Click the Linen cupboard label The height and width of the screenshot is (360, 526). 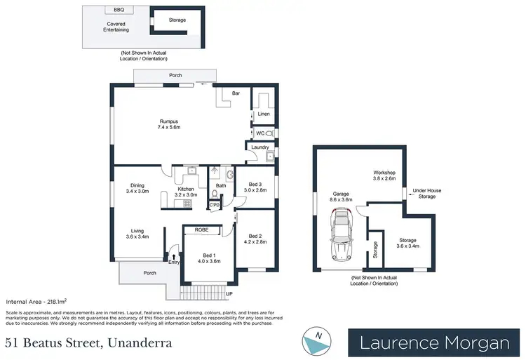point(264,114)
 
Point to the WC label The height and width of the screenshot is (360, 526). point(259,133)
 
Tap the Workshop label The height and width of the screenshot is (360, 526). point(384,175)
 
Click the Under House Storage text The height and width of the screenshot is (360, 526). point(427,193)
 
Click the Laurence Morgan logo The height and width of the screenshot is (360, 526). point(434,343)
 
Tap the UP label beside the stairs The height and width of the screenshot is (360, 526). point(229,293)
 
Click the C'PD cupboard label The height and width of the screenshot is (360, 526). point(214,205)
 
